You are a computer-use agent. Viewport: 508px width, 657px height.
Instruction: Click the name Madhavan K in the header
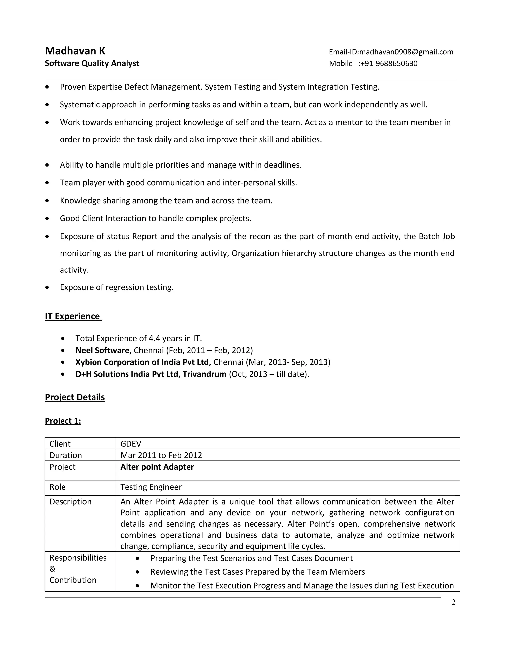click(75, 51)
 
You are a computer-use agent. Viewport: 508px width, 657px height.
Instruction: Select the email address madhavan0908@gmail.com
click(406, 52)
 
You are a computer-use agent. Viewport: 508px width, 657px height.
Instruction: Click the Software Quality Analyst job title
click(92, 63)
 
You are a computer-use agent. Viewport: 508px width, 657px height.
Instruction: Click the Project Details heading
click(75, 397)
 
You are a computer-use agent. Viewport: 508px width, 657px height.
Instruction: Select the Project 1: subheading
click(63, 421)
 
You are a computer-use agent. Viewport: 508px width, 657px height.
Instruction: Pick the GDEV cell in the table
click(131, 444)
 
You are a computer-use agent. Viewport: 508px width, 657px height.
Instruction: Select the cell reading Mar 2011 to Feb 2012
click(161, 455)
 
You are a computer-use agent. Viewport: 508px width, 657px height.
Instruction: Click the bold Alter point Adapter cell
click(157, 467)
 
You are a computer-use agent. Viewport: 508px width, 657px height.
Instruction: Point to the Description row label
click(70, 502)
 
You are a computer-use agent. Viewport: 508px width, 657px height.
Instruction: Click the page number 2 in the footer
click(453, 602)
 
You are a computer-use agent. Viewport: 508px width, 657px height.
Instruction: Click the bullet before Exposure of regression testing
click(47, 287)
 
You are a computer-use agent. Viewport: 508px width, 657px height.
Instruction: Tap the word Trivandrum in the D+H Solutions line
click(204, 374)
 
